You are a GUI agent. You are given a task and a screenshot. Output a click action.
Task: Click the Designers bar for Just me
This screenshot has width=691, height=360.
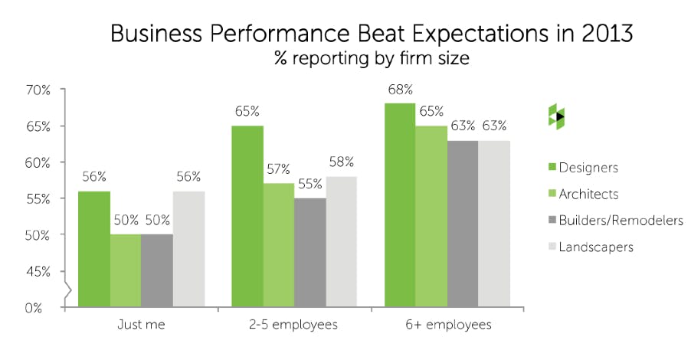point(93,250)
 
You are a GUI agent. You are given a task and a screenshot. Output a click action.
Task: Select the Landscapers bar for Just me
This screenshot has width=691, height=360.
point(188,250)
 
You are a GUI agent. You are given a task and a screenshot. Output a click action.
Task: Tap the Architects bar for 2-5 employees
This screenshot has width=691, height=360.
point(279,245)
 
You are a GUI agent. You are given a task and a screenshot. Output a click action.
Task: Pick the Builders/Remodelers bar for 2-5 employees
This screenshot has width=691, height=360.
point(310,253)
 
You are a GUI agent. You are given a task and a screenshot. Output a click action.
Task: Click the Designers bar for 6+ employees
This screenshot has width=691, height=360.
point(400,205)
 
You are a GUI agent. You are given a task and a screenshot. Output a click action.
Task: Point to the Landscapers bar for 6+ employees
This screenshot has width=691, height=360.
point(494,224)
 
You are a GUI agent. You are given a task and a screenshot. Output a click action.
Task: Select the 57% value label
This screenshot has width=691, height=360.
point(279,170)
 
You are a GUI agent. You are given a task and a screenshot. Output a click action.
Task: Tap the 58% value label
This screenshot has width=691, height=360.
point(342,162)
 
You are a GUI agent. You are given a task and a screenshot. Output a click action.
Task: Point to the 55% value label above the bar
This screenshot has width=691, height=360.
point(310,185)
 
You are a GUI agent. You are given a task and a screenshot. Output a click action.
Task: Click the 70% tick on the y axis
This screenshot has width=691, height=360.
point(38,90)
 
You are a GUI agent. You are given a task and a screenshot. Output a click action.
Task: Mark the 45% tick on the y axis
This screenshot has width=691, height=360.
point(38,271)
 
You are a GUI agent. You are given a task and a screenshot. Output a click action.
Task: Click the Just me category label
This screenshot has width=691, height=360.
point(141,325)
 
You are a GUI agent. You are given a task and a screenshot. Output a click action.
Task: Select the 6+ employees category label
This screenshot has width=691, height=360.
point(447,325)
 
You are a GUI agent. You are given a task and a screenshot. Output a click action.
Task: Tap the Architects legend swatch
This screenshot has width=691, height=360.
point(554,195)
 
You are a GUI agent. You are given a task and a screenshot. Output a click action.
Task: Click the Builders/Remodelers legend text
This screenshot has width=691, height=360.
point(621,221)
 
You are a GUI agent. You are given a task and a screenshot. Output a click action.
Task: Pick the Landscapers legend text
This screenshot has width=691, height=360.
point(597,247)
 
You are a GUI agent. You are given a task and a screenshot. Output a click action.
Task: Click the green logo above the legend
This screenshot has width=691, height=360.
point(556,116)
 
